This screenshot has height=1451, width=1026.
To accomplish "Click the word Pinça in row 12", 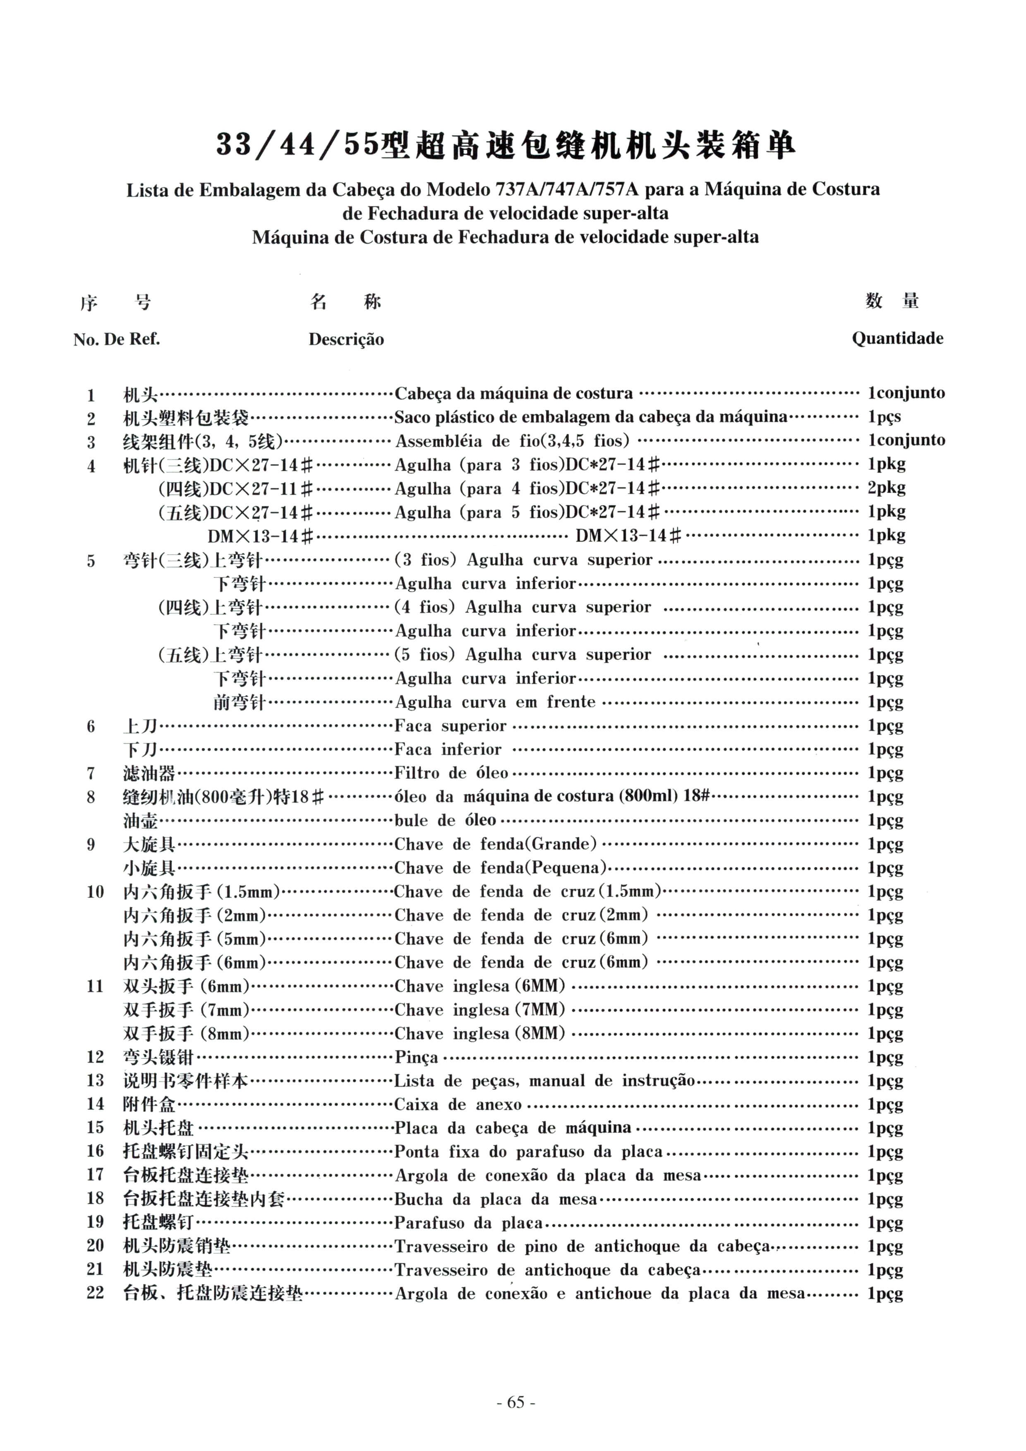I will (416, 1057).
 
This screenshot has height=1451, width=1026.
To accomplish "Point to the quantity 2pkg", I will (886, 488).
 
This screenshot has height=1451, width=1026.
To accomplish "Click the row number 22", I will (95, 1294).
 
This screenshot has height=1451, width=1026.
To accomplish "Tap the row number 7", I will (91, 773).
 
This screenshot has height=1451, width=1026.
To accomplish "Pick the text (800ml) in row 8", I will (648, 796).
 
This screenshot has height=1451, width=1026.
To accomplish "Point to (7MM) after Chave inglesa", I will (540, 1010).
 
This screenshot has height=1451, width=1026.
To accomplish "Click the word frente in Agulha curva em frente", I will (571, 702).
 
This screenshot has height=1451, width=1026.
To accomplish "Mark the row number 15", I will (95, 1128).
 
